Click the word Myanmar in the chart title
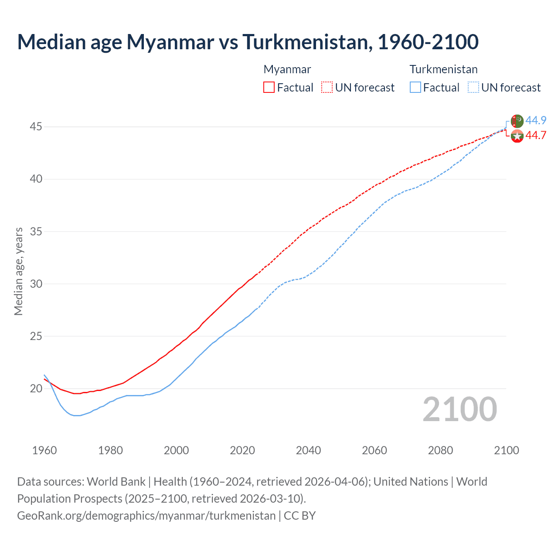click(170, 42)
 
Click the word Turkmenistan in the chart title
click(307, 42)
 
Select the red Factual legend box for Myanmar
click(269, 87)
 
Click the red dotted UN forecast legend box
click(327, 87)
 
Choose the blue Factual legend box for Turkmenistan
click(415, 87)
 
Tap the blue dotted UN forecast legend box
click(473, 87)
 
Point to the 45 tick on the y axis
click(36, 127)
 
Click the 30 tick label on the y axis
click(36, 284)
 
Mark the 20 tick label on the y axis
click(36, 388)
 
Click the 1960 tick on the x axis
click(44, 450)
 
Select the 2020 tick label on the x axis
click(242, 450)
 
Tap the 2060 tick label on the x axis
click(374, 450)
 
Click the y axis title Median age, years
click(18, 271)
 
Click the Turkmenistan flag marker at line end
click(517, 121)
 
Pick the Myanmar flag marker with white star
click(517, 136)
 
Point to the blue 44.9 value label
click(536, 120)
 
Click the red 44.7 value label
click(536, 136)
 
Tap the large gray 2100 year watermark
click(460, 409)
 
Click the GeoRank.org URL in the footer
click(146, 516)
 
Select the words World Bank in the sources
click(116, 482)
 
